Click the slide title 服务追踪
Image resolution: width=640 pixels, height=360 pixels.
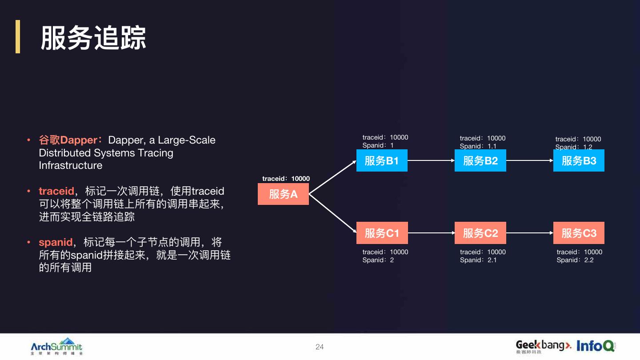pyautogui.click(x=93, y=38)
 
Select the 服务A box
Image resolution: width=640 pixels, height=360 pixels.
pyautogui.click(x=283, y=194)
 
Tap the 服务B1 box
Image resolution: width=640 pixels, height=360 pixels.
pyautogui.click(x=382, y=161)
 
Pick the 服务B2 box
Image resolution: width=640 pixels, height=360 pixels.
pyautogui.click(x=480, y=161)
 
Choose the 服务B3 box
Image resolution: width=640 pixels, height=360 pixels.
pyautogui.click(x=579, y=161)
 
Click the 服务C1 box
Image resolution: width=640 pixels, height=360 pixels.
pyautogui.click(x=382, y=233)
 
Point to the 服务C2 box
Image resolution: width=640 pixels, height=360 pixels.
pyautogui.click(x=480, y=233)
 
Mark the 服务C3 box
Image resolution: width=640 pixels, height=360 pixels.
pyautogui.click(x=579, y=233)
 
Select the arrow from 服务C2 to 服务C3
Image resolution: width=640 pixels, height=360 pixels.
pyautogui.click(x=529, y=233)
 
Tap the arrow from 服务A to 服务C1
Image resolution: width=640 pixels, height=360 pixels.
pyautogui.click(x=333, y=213)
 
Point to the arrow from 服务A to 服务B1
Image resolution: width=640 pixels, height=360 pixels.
pyautogui.click(x=333, y=177)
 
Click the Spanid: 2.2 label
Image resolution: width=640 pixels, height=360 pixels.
pyautogui.click(x=575, y=260)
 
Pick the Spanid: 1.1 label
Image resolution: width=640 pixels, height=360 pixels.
pyautogui.click(x=478, y=146)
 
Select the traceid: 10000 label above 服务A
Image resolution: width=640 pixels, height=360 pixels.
pyautogui.click(x=286, y=179)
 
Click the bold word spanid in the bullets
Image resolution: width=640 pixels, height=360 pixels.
pyautogui.click(x=56, y=242)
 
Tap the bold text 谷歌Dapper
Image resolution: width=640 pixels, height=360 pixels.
pyautogui.click(x=68, y=140)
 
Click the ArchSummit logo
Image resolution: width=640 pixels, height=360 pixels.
pyautogui.click(x=56, y=346)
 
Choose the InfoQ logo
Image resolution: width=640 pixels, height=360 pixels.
pyautogui.click(x=595, y=346)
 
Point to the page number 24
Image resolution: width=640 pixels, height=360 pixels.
pyautogui.click(x=320, y=347)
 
